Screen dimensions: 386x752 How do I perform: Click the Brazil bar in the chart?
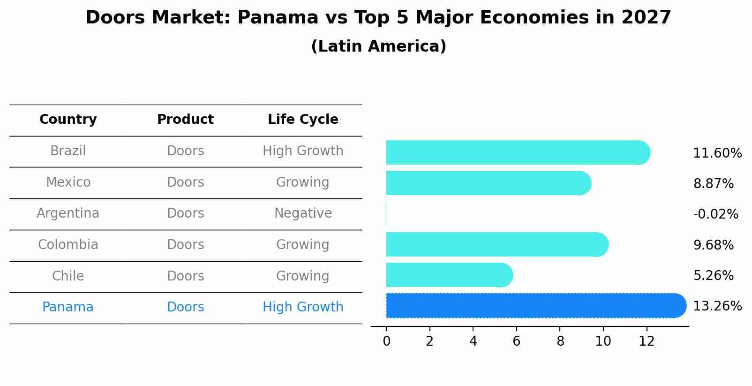[516, 152]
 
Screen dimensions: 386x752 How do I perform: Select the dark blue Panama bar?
[534, 306]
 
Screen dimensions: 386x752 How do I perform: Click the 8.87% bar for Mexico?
[488, 183]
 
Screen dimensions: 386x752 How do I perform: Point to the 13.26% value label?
[717, 306]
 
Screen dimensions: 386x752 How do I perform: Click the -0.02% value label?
[715, 214]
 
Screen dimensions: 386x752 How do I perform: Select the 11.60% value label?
[717, 153]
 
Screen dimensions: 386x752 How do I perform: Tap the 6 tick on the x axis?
[516, 341]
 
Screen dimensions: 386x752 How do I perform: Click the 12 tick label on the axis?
[647, 341]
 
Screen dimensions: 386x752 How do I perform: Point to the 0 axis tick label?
[386, 341]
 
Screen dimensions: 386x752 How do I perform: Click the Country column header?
[68, 120]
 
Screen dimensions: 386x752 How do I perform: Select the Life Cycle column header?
[303, 120]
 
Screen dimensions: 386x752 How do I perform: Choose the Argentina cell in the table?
[68, 213]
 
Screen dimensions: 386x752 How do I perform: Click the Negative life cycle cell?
[303, 213]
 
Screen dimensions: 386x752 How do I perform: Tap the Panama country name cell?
[68, 307]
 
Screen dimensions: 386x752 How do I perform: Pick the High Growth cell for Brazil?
[303, 151]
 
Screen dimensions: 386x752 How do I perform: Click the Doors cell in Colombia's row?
[186, 245]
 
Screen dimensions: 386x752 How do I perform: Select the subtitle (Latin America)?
[378, 46]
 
